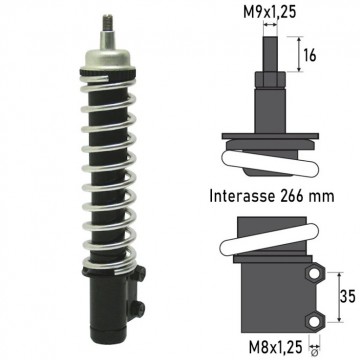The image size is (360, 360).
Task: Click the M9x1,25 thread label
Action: tap(270, 13)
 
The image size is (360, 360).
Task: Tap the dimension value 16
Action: tap(310, 56)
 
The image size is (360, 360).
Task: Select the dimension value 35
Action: tap(348, 297)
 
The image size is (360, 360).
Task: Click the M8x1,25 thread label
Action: tap(275, 347)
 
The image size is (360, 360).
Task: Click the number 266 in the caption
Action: tap(292, 196)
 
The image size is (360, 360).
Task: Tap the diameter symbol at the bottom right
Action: tap(314, 352)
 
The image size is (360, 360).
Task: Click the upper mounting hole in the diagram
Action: tap(314, 274)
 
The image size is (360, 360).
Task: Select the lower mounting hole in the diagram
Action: tap(314, 322)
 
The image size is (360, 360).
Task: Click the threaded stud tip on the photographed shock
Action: tap(107, 23)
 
